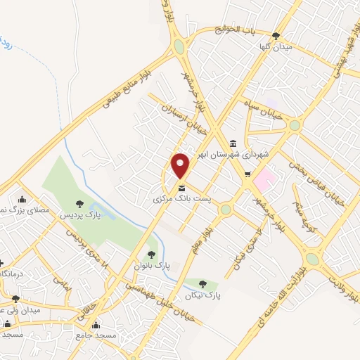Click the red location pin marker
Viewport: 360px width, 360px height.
[181, 165]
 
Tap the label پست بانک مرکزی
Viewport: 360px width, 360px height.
[182, 199]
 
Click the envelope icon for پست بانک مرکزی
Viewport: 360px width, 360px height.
[182, 188]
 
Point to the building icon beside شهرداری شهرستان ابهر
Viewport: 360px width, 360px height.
[233, 143]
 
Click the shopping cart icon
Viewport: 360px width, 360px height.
[247, 174]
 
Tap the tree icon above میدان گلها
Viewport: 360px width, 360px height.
[276, 36]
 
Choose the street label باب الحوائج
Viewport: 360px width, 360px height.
[237, 30]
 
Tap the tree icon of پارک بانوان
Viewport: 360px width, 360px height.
[151, 255]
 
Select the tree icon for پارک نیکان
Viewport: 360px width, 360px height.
[203, 284]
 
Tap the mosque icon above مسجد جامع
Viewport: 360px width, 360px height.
[96, 326]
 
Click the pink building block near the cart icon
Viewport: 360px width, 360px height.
[263, 179]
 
